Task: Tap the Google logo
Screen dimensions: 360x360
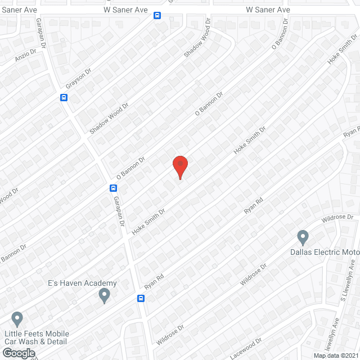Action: [19, 353]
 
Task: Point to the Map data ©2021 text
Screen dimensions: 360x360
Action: [336, 355]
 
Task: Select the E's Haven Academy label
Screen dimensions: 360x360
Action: [82, 283]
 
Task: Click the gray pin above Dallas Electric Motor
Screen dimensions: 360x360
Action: [303, 236]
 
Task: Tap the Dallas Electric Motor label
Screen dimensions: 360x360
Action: [323, 251]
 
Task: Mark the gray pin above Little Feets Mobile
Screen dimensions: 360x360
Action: [17, 319]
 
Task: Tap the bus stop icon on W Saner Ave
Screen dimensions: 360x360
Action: [157, 16]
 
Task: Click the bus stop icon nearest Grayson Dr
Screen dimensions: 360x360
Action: [64, 97]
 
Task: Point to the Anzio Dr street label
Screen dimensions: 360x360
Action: [25, 57]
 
